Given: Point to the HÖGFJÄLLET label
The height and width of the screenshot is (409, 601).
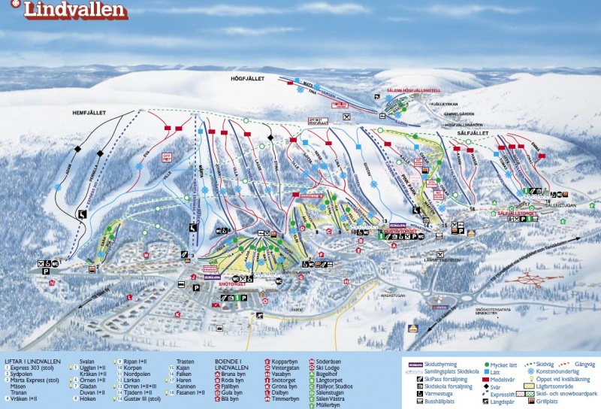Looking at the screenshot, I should [245, 77].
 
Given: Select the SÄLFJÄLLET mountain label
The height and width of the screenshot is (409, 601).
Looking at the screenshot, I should [473, 133].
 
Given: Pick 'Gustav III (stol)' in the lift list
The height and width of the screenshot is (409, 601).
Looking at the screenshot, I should [143, 398].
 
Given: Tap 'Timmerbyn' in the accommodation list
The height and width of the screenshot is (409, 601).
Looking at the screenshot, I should [285, 398].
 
